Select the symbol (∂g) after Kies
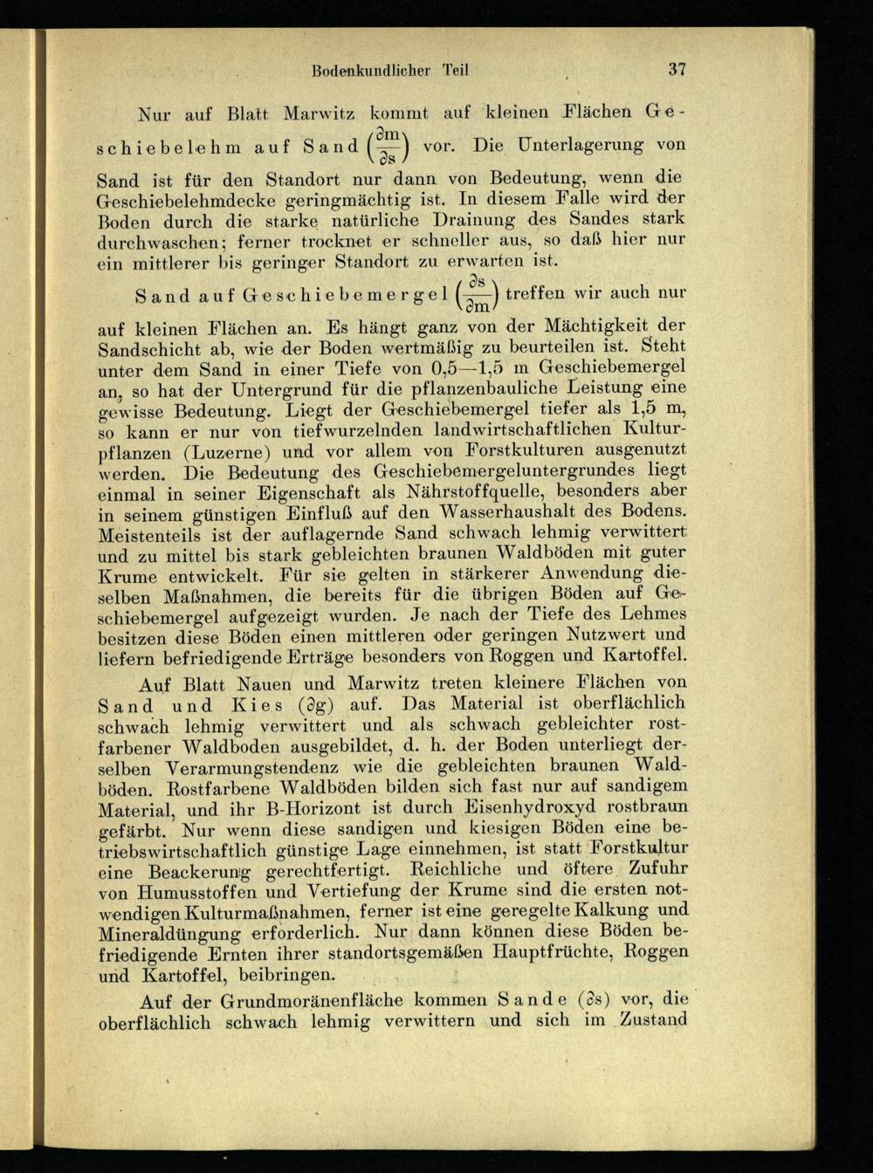[313, 704]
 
